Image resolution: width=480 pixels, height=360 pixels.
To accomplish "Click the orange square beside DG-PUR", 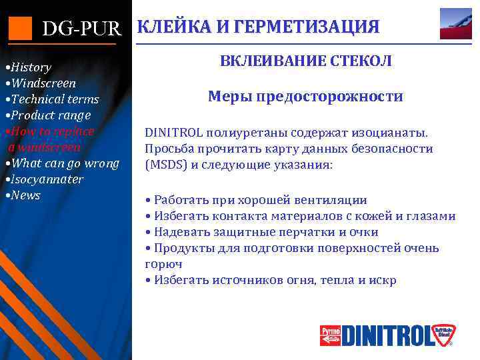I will tap(20, 27).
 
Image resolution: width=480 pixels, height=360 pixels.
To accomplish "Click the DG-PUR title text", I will tap(82, 29).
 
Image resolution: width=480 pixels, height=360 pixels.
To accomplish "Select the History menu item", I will tap(28, 67).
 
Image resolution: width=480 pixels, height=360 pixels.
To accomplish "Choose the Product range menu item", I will tap(47, 115).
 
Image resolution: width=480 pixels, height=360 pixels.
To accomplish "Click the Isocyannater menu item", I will tap(44, 179).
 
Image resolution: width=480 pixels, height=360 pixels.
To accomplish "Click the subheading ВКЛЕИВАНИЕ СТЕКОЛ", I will tap(306, 61).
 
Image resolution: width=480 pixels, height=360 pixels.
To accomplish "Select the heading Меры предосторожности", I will tap(305, 97).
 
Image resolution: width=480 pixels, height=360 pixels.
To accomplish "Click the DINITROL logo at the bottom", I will tap(386, 335).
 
